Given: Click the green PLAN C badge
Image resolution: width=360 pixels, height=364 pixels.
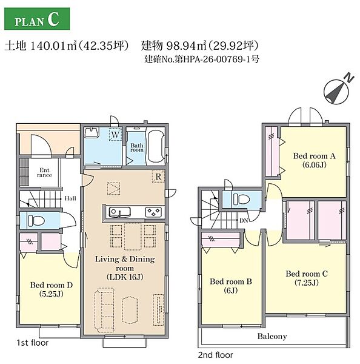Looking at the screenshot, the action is click(37, 19).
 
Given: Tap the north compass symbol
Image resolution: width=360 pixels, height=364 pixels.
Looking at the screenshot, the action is click(337, 91).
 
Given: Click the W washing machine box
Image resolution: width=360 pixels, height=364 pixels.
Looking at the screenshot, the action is click(115, 135).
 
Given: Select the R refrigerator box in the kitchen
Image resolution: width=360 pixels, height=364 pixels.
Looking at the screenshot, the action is click(158, 177).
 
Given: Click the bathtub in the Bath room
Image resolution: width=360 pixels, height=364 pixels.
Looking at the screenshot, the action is click(156, 146).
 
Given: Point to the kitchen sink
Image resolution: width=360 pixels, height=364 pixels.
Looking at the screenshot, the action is click(119, 212).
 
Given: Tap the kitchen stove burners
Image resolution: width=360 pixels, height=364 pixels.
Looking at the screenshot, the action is click(153, 212).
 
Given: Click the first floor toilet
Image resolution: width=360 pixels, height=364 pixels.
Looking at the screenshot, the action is click(36, 220).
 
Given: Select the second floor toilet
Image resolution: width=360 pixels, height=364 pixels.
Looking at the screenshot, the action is click(241, 199).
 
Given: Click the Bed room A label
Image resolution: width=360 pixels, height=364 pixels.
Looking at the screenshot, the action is click(315, 160).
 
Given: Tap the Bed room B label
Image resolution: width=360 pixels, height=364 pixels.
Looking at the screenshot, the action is click(231, 286).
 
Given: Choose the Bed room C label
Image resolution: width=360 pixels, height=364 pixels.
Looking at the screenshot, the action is click(307, 278).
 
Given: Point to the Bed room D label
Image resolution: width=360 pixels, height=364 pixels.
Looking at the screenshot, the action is click(52, 289).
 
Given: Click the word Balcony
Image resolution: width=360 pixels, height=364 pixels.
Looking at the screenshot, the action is click(272, 336).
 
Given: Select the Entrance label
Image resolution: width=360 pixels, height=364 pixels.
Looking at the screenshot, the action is click(44, 173).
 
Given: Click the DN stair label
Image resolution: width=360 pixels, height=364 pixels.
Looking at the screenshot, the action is click(244, 220).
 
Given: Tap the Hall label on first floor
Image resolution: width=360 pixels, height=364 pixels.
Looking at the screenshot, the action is click(70, 198).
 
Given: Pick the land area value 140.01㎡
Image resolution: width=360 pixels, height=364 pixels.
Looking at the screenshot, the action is click(54, 45).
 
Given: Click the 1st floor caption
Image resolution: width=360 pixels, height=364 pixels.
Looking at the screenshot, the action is click(33, 343).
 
